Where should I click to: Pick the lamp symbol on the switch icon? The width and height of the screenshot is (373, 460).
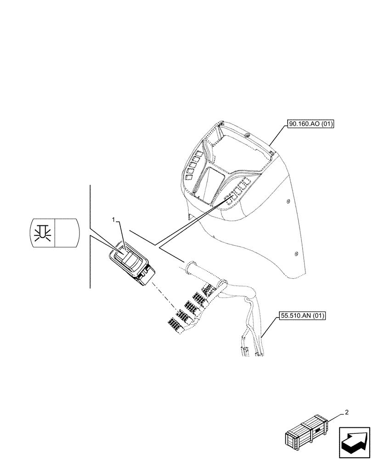43,230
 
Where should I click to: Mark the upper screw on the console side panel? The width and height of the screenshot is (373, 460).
288,201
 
